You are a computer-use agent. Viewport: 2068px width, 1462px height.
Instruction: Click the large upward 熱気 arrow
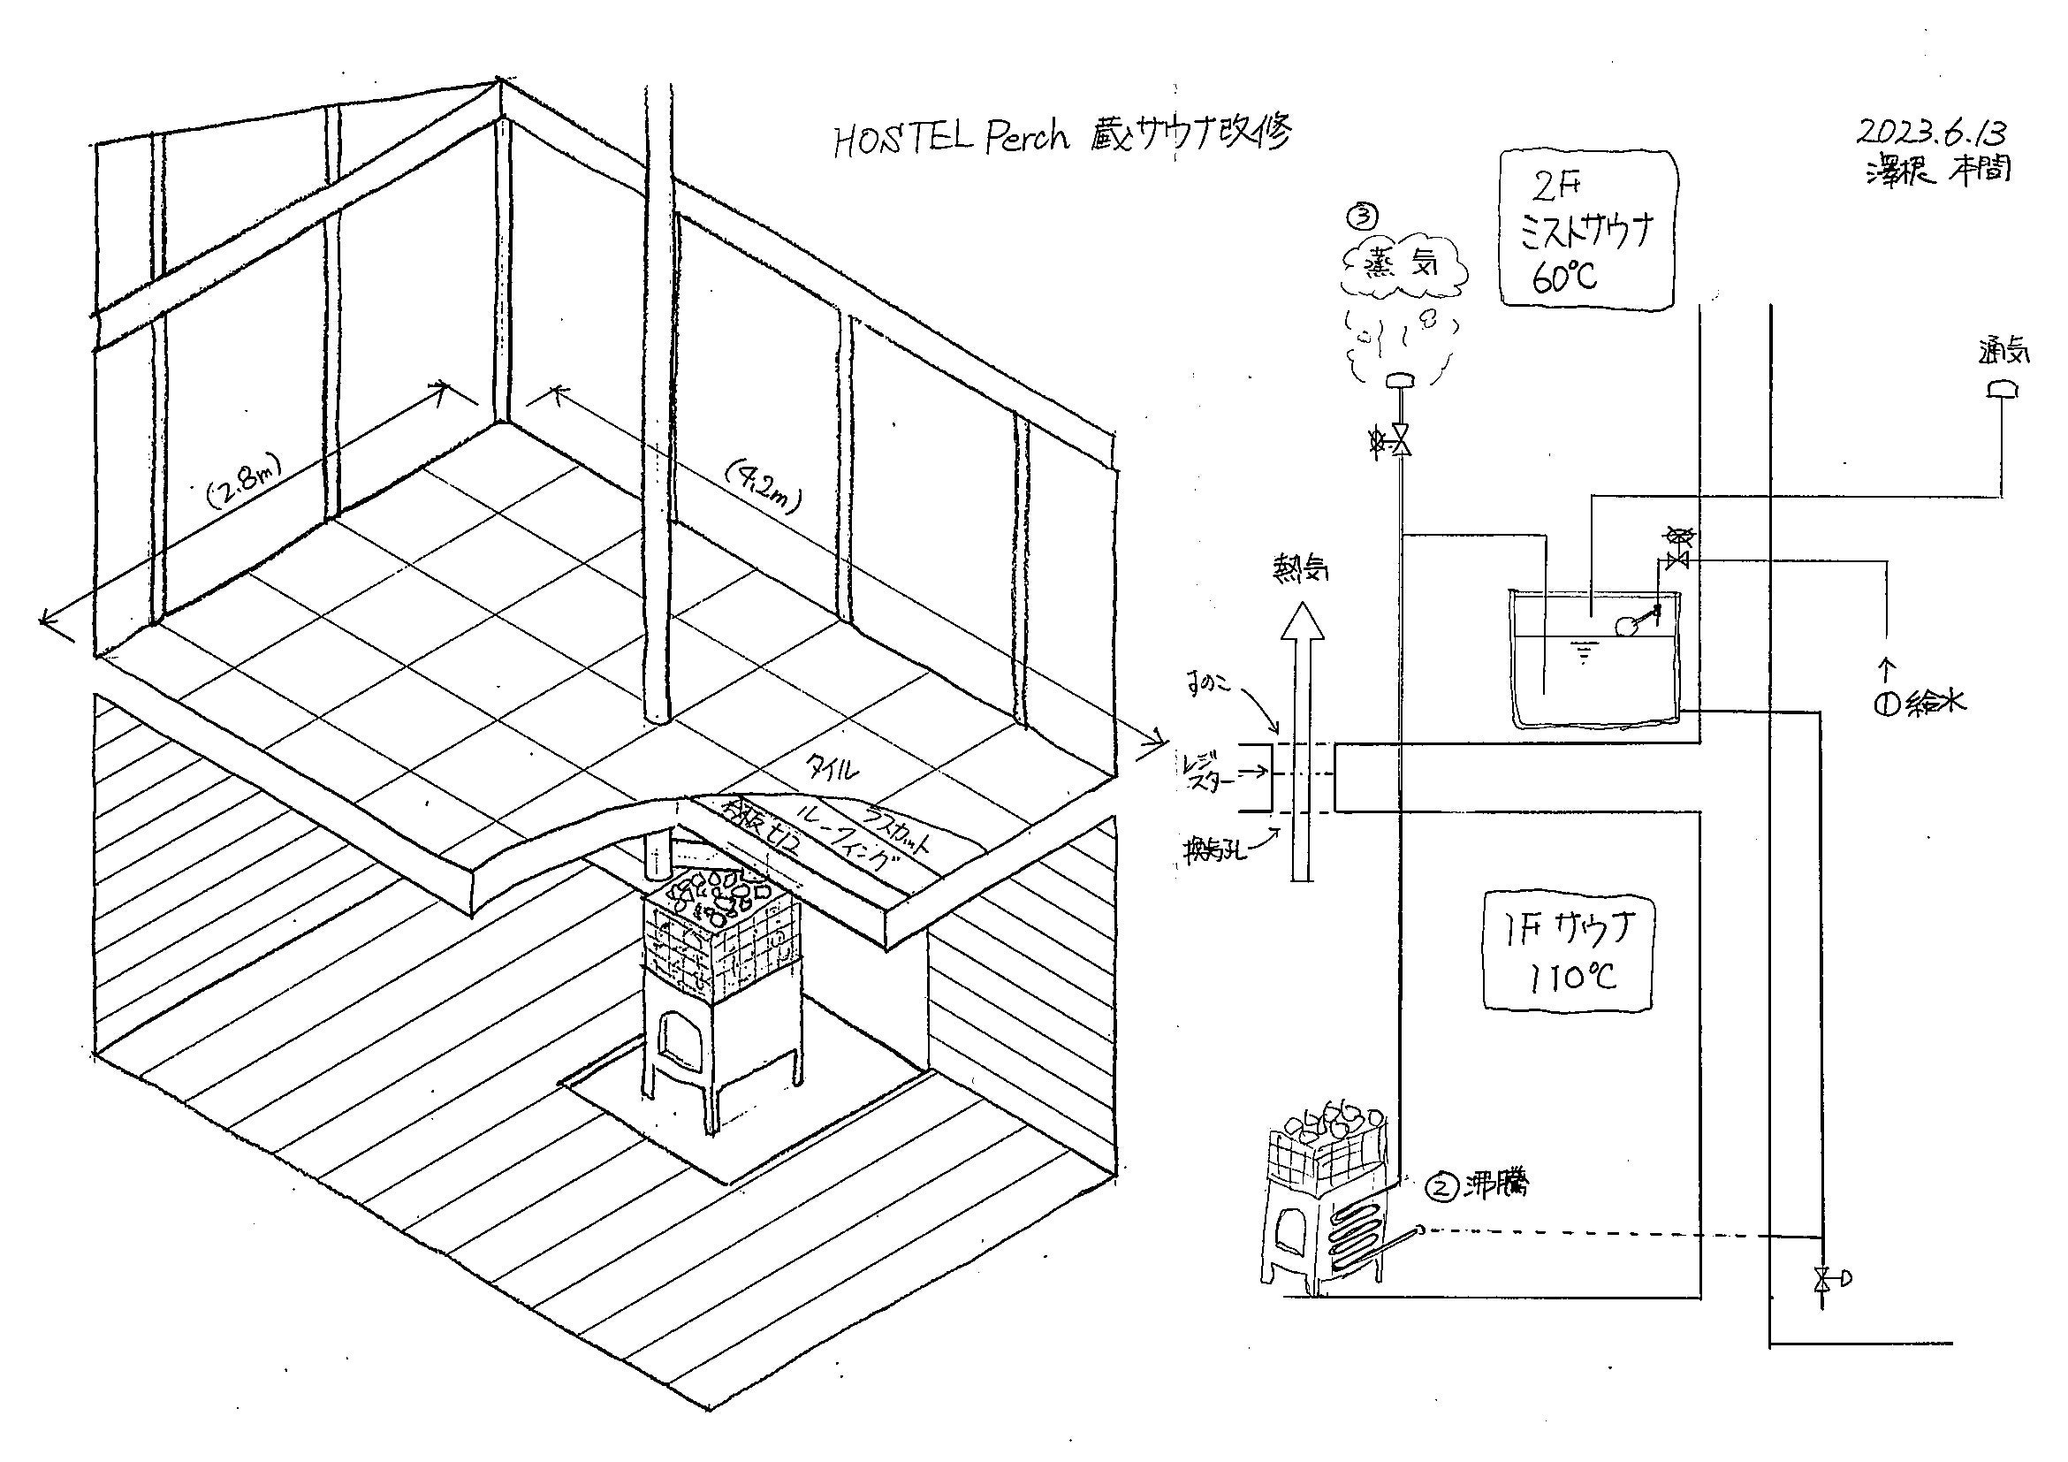[1303, 739]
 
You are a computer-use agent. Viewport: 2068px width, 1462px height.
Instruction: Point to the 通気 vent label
[2004, 352]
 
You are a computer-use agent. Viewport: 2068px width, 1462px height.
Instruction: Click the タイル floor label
[838, 767]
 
